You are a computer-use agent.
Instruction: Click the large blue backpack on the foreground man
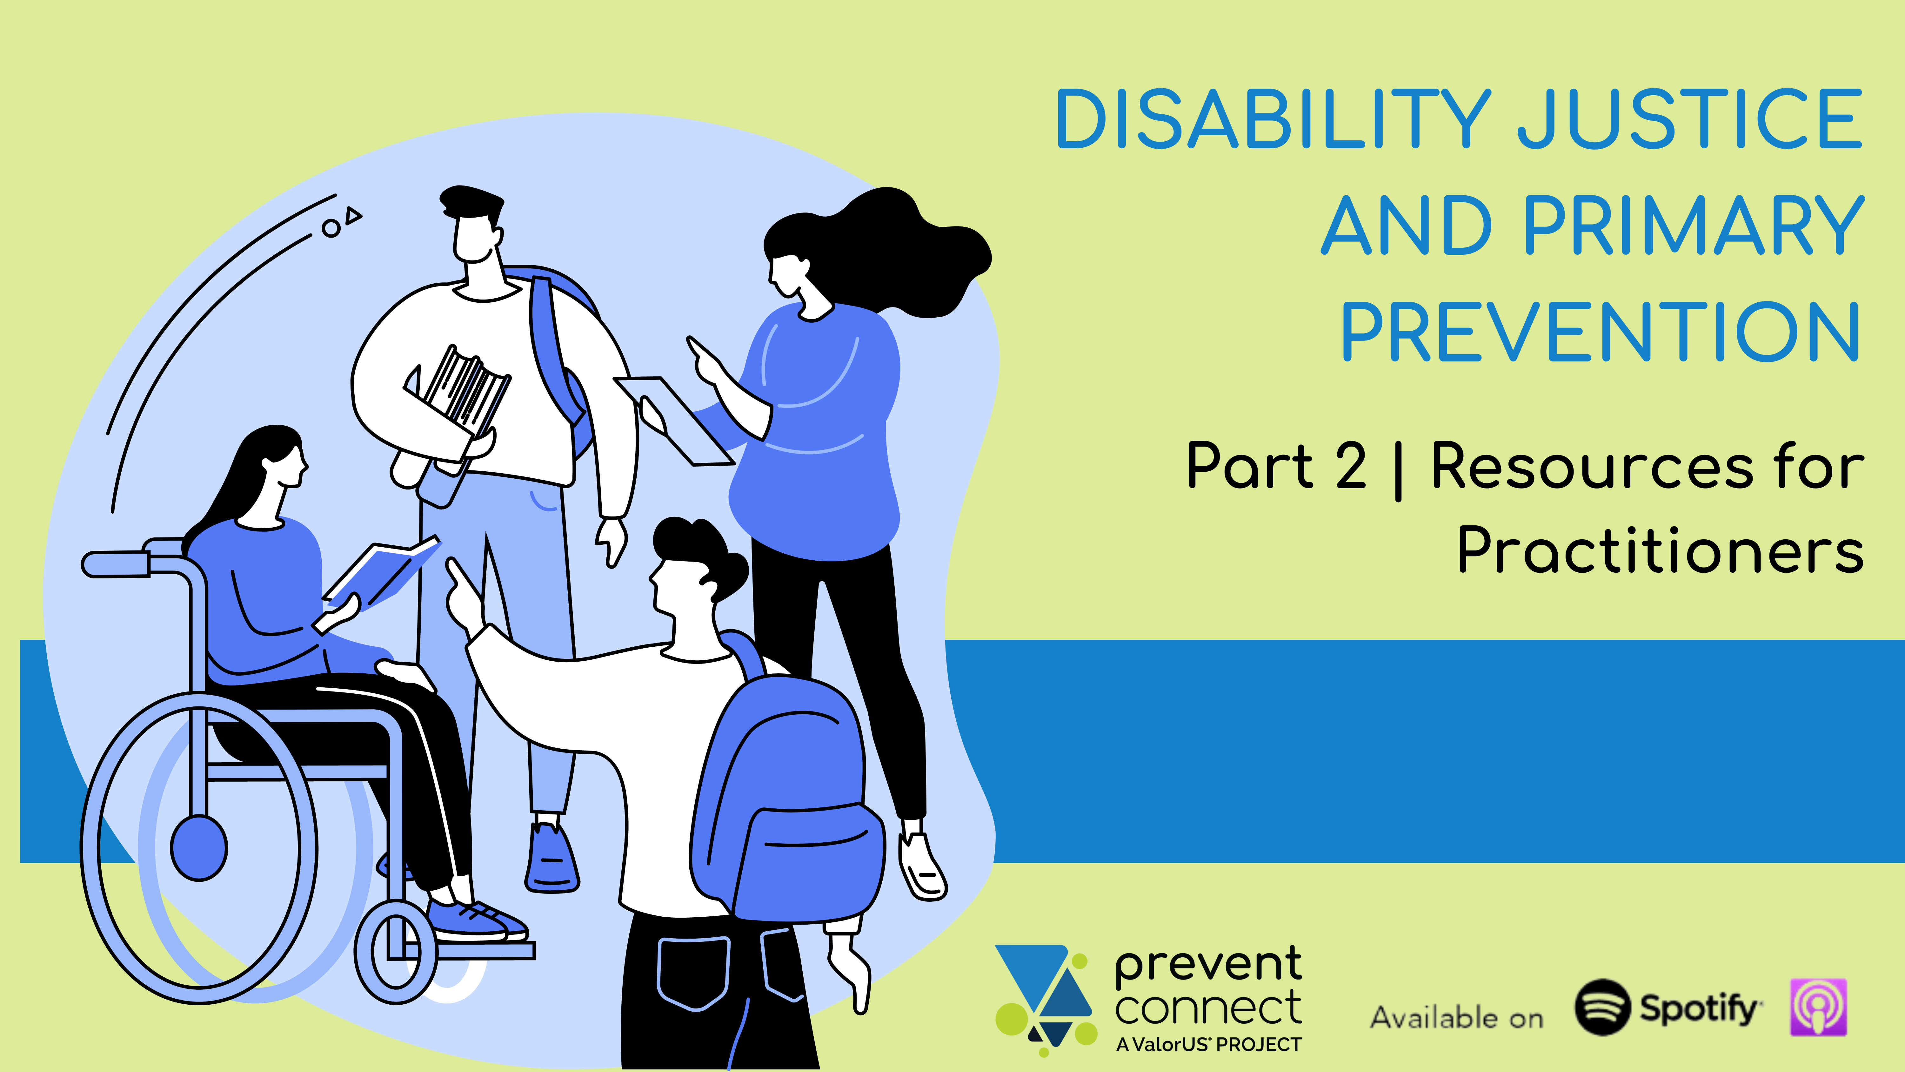[788, 799]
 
